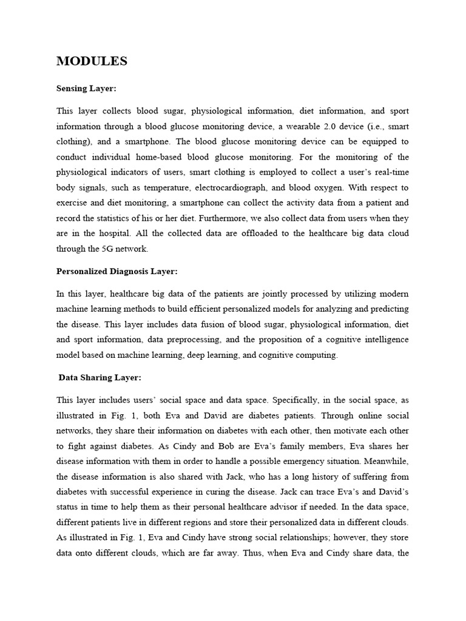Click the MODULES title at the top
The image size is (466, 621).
(92, 61)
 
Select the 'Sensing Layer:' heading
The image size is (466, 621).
(86, 89)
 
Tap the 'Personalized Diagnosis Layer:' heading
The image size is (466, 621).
(116, 271)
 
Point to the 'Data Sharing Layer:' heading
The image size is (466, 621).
(100, 377)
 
